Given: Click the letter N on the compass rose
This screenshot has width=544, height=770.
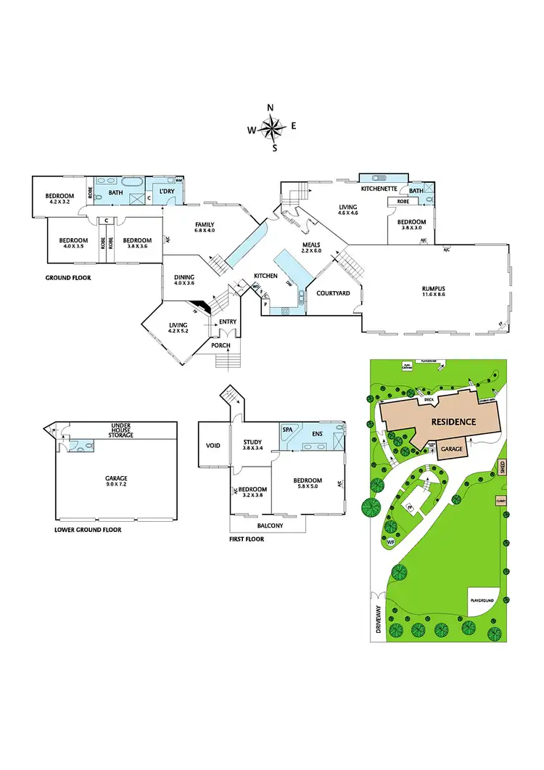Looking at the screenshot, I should [x=271, y=108].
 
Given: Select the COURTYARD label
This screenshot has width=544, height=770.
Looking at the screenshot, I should [x=334, y=293].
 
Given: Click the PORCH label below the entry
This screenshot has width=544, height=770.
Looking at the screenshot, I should [x=221, y=345].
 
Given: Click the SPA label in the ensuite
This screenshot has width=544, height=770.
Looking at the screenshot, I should [x=287, y=430].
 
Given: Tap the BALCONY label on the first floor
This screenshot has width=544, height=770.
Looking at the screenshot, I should [x=269, y=525].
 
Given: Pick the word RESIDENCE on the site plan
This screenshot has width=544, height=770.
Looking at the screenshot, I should [x=453, y=421].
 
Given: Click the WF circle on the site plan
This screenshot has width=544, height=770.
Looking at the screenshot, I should [x=391, y=542].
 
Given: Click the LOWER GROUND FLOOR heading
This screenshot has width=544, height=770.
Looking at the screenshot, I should [x=88, y=530].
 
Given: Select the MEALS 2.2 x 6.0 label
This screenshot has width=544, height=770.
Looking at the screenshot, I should [x=312, y=247].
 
